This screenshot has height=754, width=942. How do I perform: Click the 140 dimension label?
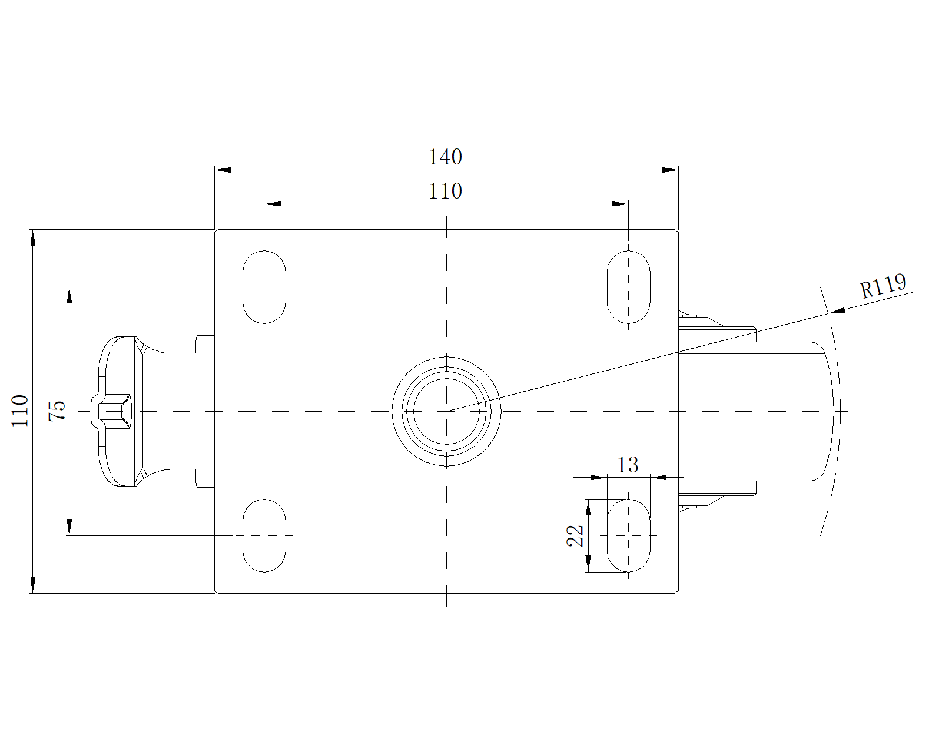(x=445, y=157)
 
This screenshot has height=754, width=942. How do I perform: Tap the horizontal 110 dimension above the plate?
(x=445, y=191)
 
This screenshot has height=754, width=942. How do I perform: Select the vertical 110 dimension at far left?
(x=20, y=411)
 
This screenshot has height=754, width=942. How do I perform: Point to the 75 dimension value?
(x=57, y=411)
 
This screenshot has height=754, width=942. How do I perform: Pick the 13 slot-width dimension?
(x=627, y=465)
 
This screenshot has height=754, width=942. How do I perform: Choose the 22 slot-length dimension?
(x=575, y=535)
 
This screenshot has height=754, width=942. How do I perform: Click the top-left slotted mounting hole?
(x=264, y=287)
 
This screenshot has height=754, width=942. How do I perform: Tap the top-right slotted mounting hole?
(x=628, y=287)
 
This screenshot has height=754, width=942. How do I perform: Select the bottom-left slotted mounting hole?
(x=264, y=535)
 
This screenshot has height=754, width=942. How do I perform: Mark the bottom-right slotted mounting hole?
(x=628, y=535)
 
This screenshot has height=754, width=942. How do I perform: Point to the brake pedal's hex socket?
(x=115, y=411)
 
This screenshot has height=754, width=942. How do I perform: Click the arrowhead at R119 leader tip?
(x=837, y=310)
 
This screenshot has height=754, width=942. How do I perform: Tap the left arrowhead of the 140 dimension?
(x=223, y=170)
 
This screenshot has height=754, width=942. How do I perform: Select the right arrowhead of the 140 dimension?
(x=670, y=170)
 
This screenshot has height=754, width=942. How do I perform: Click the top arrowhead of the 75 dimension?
(x=69, y=295)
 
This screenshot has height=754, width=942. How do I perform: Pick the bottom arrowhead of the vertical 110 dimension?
(x=33, y=586)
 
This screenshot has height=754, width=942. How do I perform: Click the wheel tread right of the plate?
(x=755, y=411)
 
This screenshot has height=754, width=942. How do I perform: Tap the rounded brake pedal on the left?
(x=117, y=411)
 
